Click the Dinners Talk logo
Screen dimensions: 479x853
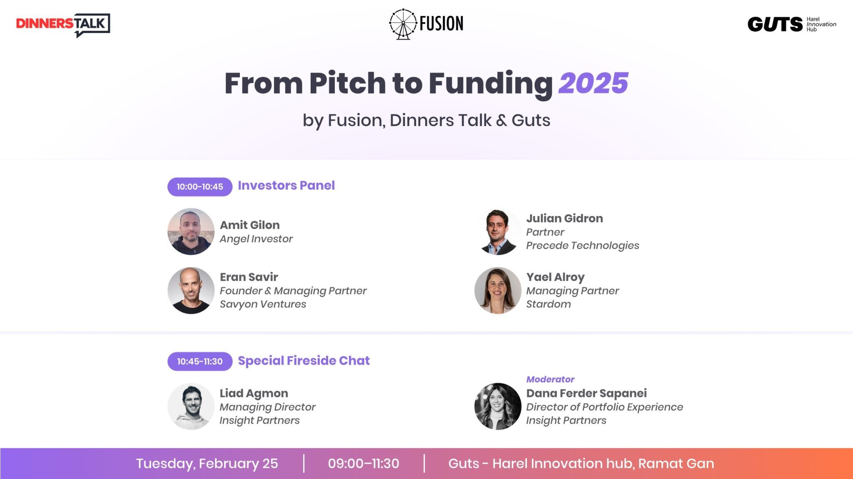(63, 24)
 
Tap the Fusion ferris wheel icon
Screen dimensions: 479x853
(403, 24)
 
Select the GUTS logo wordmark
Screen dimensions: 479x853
(775, 25)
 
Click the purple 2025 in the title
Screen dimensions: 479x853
(593, 83)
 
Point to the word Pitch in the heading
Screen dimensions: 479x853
(347, 83)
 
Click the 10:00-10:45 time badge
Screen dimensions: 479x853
(200, 187)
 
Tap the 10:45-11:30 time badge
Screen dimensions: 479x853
(200, 361)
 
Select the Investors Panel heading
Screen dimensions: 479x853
(286, 186)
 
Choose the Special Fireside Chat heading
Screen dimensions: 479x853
(304, 360)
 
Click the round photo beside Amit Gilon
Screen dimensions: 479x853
(191, 231)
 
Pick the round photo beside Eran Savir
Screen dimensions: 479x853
(191, 290)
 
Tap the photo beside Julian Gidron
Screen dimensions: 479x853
(498, 232)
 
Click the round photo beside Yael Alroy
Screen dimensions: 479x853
(498, 290)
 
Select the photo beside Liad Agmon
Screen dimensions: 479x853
(191, 406)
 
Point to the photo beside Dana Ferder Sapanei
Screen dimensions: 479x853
(498, 406)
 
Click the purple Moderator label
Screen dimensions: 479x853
(550, 380)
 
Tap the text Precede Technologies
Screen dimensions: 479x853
(582, 246)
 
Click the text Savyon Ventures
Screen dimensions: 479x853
(263, 304)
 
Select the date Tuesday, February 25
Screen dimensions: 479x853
(207, 464)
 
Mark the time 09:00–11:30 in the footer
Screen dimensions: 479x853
(364, 464)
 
